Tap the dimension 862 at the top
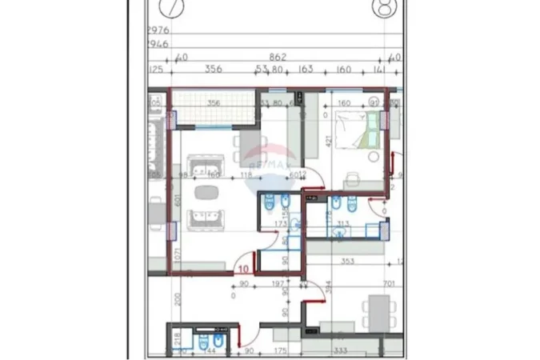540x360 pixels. [278, 57]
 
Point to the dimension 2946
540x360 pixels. [158, 45]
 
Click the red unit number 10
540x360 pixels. [243, 270]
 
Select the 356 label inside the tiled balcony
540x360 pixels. [214, 102]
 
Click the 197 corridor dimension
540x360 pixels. [278, 283]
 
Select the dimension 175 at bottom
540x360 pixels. [279, 350]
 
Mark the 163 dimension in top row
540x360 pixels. [306, 70]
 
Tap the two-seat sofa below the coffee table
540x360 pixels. [206, 218]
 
